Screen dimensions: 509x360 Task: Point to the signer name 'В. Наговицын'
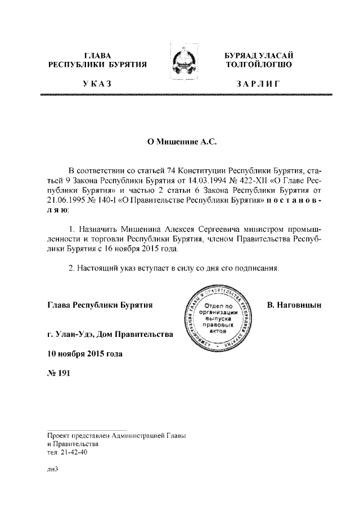click(294, 305)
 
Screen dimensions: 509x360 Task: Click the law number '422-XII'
click(250, 182)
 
